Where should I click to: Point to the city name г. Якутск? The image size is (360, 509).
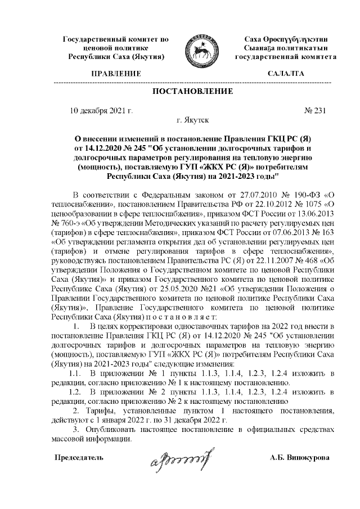click(192, 120)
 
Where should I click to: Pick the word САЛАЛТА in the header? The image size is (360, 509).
click(285, 74)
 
